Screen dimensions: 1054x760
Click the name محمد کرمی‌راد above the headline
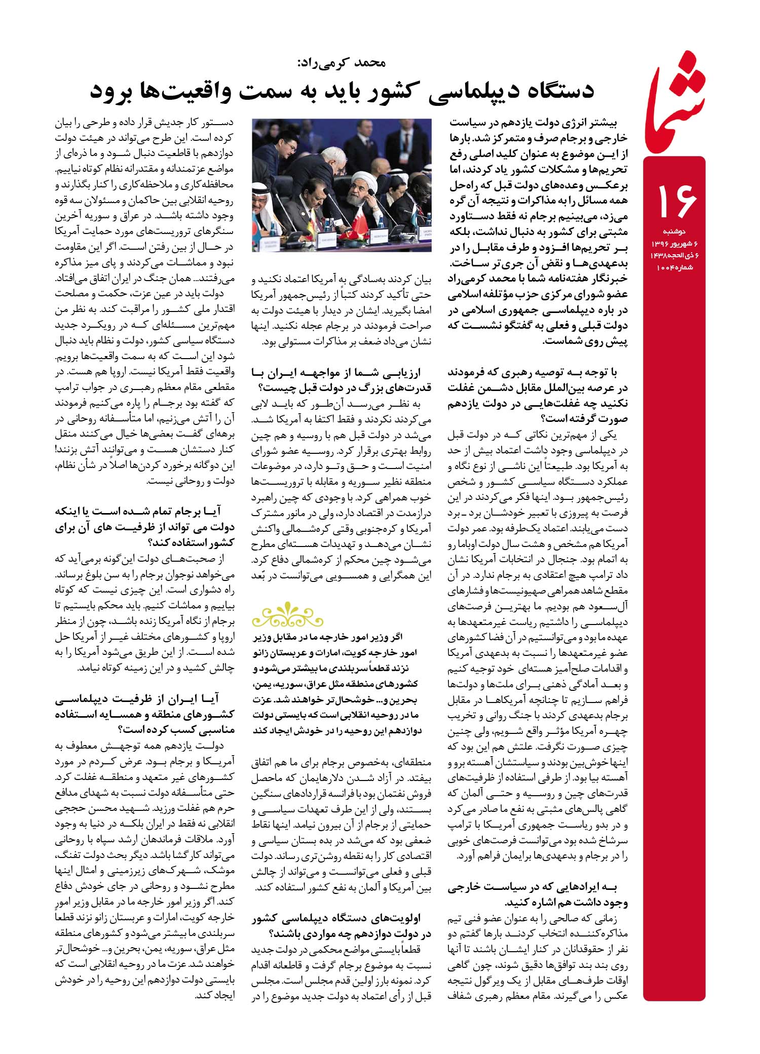(x=341, y=63)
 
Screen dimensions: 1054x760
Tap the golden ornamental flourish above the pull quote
(x=287, y=614)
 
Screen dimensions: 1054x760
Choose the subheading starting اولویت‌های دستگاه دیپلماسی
(x=341, y=925)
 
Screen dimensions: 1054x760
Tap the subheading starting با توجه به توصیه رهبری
(x=537, y=396)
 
